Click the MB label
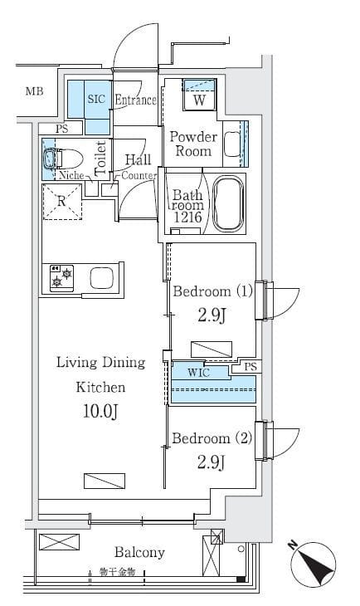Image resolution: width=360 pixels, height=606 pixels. pyautogui.click(x=34, y=91)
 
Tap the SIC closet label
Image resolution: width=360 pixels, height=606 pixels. pyautogui.click(x=96, y=99)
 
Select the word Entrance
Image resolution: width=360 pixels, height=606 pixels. pyautogui.click(x=135, y=100)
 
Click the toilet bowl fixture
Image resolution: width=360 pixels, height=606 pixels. pyautogui.click(x=64, y=159)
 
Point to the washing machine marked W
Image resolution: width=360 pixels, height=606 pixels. pyautogui.click(x=199, y=95)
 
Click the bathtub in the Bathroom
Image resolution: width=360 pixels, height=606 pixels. pyautogui.click(x=229, y=204)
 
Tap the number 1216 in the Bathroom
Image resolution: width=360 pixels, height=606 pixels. pyautogui.click(x=187, y=217)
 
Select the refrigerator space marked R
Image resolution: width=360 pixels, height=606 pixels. pyautogui.click(x=62, y=202)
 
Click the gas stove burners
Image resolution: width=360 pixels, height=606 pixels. pyautogui.click(x=62, y=278)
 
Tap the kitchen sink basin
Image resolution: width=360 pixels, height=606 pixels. pyautogui.click(x=102, y=278)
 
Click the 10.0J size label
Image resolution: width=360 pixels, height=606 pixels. pyautogui.click(x=100, y=411)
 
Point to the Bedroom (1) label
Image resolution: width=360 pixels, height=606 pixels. pyautogui.click(x=212, y=291)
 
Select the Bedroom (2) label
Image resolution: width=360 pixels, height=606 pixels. pyautogui.click(x=212, y=437)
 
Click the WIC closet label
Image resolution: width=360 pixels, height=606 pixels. pyautogui.click(x=199, y=373)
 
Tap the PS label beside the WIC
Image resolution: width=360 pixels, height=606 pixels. pyautogui.click(x=251, y=366)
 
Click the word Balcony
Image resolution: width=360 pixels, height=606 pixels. pyautogui.click(x=139, y=553)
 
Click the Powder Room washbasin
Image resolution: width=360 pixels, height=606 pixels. pyautogui.click(x=232, y=144)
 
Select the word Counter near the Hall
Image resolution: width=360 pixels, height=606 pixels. pyautogui.click(x=139, y=176)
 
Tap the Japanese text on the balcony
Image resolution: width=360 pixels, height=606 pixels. pyautogui.click(x=117, y=572)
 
